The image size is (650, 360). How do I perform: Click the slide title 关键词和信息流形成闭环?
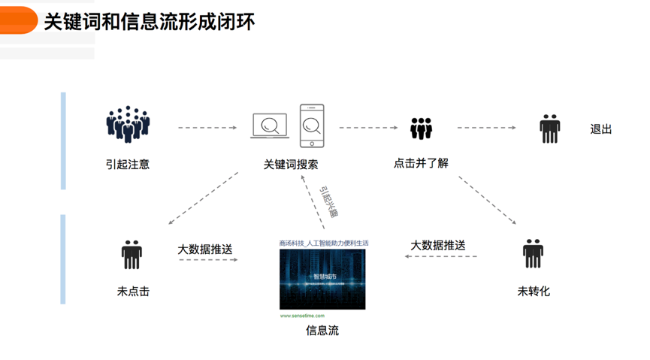tap(150, 22)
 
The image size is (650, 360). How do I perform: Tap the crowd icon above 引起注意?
tap(128, 125)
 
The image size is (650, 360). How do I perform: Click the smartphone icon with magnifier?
tap(312, 126)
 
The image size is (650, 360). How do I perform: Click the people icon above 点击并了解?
tap(421, 128)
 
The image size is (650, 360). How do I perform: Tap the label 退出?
tap(601, 129)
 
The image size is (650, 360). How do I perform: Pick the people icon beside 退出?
tap(550, 129)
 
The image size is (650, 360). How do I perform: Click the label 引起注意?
tap(128, 164)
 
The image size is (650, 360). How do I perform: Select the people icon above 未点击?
tap(132, 255)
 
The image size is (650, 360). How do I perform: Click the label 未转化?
tap(534, 291)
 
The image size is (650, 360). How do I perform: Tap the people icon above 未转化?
tap(533, 254)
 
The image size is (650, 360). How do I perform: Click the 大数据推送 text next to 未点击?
tap(205, 249)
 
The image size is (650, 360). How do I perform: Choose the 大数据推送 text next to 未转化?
tap(438, 246)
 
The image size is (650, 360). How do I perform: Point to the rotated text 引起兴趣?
tap(328, 201)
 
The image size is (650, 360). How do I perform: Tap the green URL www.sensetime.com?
tap(302, 316)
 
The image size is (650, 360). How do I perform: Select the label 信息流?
tap(322, 330)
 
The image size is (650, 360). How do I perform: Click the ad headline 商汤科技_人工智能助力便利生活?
tap(324, 244)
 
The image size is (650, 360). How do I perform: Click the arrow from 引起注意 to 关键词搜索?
tap(207, 128)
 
